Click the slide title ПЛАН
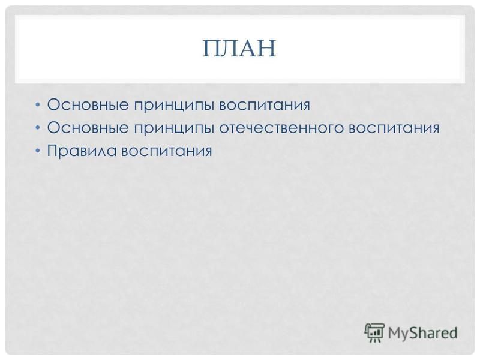click(239, 49)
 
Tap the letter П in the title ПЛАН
click(212, 49)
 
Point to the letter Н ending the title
click(267, 49)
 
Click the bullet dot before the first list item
click(37, 104)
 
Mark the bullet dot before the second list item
click(37, 128)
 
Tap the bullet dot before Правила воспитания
click(37, 151)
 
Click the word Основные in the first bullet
click(88, 104)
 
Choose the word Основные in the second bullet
click(88, 128)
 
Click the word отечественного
click(281, 128)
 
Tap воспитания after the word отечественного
click(394, 128)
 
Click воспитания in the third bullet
click(167, 151)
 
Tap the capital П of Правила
click(52, 151)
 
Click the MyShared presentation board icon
click(374, 332)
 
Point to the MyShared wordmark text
click(423, 333)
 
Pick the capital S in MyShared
click(415, 333)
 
